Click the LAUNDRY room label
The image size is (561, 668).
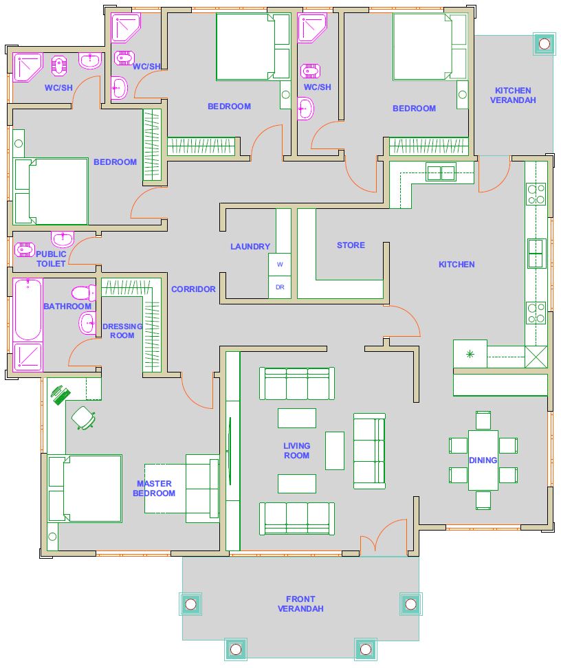250,246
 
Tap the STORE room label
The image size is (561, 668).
351,245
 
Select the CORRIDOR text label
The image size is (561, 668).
193,289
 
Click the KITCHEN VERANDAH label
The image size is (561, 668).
513,95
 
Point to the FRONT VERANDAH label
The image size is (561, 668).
300,603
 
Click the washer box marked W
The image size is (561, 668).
280,265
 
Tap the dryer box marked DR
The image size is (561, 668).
280,287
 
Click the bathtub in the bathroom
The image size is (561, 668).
28,310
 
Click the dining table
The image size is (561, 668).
483,460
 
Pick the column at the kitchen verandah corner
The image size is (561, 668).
544,43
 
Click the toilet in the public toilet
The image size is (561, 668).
25,249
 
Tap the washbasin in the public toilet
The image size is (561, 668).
63,238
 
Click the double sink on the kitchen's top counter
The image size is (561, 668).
441,173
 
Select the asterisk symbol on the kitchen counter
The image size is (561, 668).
470,354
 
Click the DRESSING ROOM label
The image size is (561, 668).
122,331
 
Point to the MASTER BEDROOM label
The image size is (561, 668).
154,488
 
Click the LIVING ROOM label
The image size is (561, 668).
297,450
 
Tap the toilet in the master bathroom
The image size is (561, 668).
84,293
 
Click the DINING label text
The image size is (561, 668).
483,460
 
